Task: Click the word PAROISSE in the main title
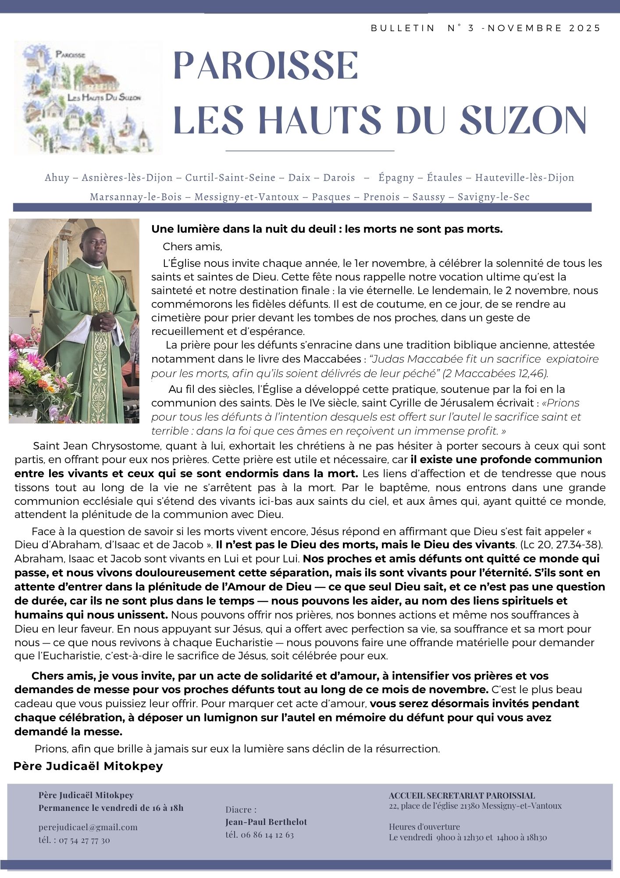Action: click(266, 66)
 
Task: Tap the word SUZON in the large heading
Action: click(524, 120)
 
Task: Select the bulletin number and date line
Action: click(485, 28)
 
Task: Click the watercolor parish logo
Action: click(88, 97)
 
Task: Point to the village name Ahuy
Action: click(57, 178)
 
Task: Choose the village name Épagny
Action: click(396, 178)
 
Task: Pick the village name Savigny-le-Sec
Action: click(493, 197)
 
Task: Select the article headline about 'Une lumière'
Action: click(327, 229)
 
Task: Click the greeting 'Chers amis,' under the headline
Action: click(192, 247)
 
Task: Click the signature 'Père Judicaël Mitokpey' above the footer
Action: click(88, 766)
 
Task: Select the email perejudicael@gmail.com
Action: click(88, 827)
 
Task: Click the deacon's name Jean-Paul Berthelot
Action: click(266, 822)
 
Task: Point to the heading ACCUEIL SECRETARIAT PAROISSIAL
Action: click(462, 795)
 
